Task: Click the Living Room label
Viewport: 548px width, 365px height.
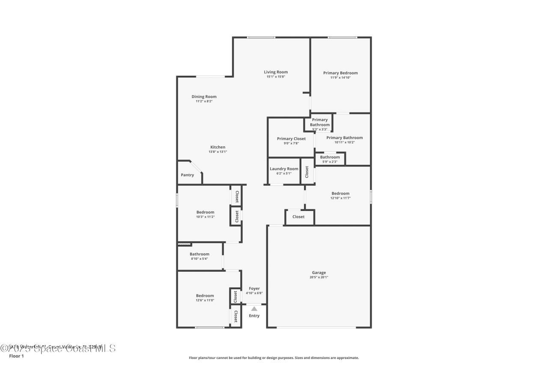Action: [x=276, y=72]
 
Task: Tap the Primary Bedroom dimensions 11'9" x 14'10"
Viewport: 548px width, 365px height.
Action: [x=340, y=77]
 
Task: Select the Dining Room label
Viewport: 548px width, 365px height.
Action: [x=204, y=97]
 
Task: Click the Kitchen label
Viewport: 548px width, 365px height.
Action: [x=217, y=147]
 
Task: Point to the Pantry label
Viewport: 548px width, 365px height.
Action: [x=187, y=175]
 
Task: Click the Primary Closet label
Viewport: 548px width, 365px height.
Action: [x=291, y=139]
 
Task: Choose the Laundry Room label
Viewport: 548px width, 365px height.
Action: [x=284, y=169]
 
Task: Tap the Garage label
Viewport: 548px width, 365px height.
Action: [x=319, y=273]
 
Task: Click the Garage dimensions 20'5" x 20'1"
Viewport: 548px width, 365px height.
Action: [x=319, y=277]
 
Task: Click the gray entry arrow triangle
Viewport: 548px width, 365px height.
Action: [x=254, y=309]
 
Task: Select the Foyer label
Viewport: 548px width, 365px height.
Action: [x=254, y=288]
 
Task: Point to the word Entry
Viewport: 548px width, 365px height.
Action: [x=254, y=316]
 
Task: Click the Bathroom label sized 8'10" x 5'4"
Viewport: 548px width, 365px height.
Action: [x=200, y=254]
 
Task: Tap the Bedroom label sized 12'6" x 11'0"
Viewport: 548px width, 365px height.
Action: [x=205, y=296]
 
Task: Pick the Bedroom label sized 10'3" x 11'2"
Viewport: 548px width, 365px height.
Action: [x=205, y=212]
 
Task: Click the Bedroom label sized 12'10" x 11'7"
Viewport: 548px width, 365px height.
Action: [x=340, y=193]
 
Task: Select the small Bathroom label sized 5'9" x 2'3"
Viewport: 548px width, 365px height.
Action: [x=330, y=157]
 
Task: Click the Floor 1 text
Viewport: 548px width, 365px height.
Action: [x=17, y=356]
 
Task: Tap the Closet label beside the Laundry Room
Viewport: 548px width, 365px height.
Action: [x=307, y=172]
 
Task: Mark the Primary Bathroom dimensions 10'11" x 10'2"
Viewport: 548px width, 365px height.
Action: [x=344, y=142]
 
